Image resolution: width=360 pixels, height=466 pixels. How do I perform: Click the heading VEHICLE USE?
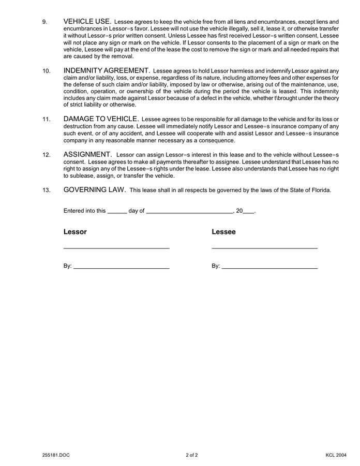tap(87, 21)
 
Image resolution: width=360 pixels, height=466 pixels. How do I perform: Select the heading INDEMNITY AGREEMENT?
tap(107, 70)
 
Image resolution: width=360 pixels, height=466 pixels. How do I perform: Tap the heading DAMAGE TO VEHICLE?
tap(101, 119)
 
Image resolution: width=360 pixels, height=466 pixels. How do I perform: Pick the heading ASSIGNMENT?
tap(87, 154)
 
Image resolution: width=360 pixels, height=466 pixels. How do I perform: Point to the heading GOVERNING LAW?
tap(95, 190)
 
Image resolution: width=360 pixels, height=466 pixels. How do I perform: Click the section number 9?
tap(44, 22)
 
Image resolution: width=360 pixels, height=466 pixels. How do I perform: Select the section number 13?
tap(46, 190)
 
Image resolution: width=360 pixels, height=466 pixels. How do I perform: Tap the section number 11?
tap(46, 120)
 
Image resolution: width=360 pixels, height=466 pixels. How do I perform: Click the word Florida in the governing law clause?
tap(319, 190)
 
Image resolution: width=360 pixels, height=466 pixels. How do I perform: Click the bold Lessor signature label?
tap(75, 232)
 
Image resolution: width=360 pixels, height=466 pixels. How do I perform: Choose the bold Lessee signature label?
tap(223, 232)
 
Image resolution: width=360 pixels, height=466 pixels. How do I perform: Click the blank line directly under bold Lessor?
tap(116, 249)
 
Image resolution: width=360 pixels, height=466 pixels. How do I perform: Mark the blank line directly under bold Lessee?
tap(264, 249)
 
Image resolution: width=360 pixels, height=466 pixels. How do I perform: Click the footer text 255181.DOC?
tap(55, 455)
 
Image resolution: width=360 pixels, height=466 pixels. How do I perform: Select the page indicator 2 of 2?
tap(191, 455)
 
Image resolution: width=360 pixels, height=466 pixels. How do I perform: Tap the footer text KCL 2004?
tap(336, 455)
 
